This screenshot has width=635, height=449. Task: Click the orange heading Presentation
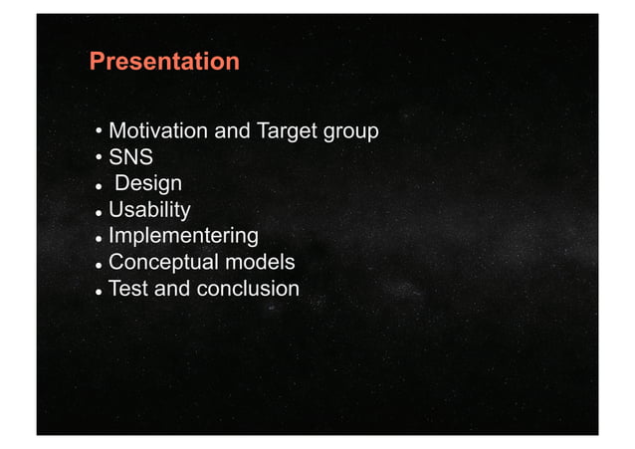click(164, 62)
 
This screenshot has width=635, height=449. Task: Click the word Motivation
click(156, 131)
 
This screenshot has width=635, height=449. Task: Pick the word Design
click(148, 184)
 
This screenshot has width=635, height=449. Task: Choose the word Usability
click(149, 210)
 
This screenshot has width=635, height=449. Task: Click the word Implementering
click(183, 237)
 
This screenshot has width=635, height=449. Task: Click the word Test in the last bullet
click(128, 289)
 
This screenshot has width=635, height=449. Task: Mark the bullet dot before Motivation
click(99, 133)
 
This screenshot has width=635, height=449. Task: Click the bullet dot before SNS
click(99, 159)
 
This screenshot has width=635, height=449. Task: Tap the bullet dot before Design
click(99, 186)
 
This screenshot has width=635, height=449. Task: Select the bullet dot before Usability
click(99, 212)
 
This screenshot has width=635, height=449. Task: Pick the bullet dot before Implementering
click(99, 239)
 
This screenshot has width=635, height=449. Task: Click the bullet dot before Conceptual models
click(99, 265)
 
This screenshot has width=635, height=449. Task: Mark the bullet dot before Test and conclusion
click(99, 291)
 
